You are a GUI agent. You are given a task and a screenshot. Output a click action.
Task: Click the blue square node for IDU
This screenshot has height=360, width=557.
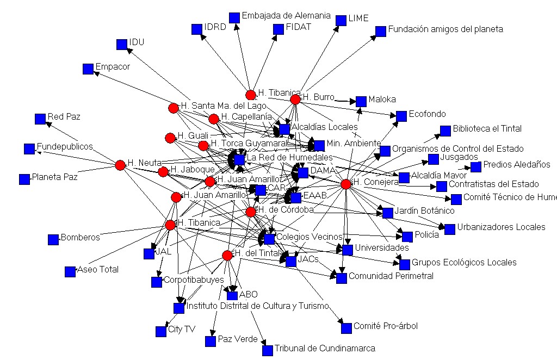pyautogui.click(x=122, y=45)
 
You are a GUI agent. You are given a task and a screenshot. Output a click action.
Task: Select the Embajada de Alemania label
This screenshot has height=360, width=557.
pyautogui.click(x=286, y=16)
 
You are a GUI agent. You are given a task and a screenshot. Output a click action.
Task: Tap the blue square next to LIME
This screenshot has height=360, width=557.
pyautogui.click(x=341, y=21)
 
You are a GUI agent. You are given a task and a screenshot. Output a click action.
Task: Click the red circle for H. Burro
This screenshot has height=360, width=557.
pyautogui.click(x=295, y=100)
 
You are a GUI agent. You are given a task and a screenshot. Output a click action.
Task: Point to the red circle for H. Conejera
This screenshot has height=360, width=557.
pyautogui.click(x=345, y=184)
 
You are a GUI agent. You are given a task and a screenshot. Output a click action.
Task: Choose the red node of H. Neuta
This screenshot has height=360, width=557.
pyautogui.click(x=121, y=165)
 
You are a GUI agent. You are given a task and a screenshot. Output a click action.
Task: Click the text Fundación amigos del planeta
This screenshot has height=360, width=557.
pyautogui.click(x=445, y=29)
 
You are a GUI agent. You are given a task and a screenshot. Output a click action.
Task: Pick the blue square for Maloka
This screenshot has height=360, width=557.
pyautogui.click(x=361, y=101)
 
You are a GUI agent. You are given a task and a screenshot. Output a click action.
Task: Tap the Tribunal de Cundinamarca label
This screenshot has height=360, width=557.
pyautogui.click(x=325, y=348)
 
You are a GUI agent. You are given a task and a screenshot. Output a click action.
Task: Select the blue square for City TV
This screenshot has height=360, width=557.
pyautogui.click(x=161, y=331)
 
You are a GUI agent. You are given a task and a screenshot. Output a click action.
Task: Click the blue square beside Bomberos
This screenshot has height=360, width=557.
pyautogui.click(x=53, y=239)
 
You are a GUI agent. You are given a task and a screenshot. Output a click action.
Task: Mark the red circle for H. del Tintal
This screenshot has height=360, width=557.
pyautogui.click(x=227, y=255)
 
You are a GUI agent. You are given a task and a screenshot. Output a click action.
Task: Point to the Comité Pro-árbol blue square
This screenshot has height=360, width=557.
pyautogui.click(x=346, y=328)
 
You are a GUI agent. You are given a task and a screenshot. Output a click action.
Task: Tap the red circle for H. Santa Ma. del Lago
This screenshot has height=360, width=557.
pyautogui.click(x=174, y=108)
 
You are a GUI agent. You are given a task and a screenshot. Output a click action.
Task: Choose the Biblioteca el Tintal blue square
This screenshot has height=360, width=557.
pyautogui.click(x=445, y=131)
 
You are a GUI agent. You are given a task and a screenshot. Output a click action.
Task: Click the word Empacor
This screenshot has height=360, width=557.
pyautogui.click(x=113, y=67)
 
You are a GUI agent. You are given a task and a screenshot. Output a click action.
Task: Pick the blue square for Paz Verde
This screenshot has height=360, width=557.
pyautogui.click(x=211, y=341)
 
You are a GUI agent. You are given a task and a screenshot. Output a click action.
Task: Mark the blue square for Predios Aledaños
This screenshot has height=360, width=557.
pyautogui.click(x=476, y=166)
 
